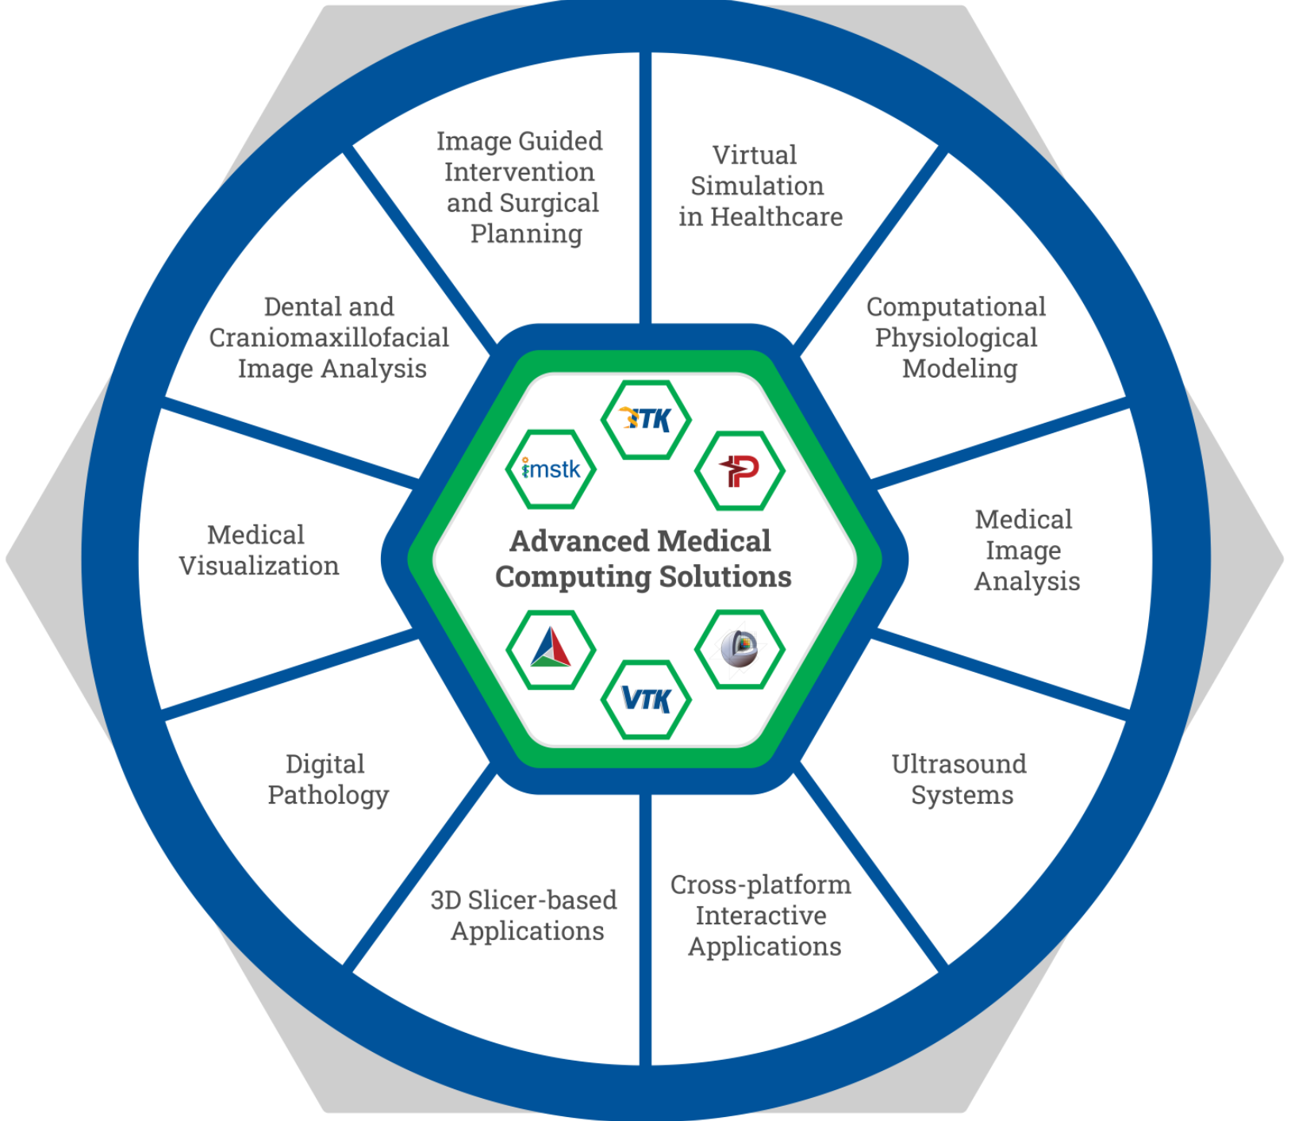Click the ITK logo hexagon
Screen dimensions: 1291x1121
[x=645, y=419]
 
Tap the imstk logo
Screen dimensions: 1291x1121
[x=551, y=469]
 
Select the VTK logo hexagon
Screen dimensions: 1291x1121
[x=645, y=699]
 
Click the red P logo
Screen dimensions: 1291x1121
[x=739, y=470]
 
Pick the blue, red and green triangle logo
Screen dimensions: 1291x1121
[x=551, y=648]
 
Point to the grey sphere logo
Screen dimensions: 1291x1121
[x=739, y=648]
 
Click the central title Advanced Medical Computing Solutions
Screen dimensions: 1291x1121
[x=643, y=559]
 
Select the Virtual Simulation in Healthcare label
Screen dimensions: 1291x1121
[x=759, y=186]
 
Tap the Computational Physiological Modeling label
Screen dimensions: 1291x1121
[x=956, y=337]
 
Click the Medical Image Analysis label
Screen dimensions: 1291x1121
[x=1026, y=550]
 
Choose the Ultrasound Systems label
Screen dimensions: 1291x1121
[x=959, y=779]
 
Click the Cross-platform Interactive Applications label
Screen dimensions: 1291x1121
[x=761, y=916]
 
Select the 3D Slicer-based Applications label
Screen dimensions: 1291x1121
[x=524, y=916]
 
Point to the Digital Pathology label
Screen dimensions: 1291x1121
[x=328, y=779]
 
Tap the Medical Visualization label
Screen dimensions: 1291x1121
[x=259, y=550]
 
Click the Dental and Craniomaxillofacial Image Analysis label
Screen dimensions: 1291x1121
[x=329, y=337]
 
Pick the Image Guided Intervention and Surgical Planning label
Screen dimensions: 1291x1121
[x=520, y=187]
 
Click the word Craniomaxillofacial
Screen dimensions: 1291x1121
[x=329, y=337]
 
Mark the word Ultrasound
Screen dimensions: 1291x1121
[x=959, y=764]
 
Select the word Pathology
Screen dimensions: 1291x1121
[x=328, y=796]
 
